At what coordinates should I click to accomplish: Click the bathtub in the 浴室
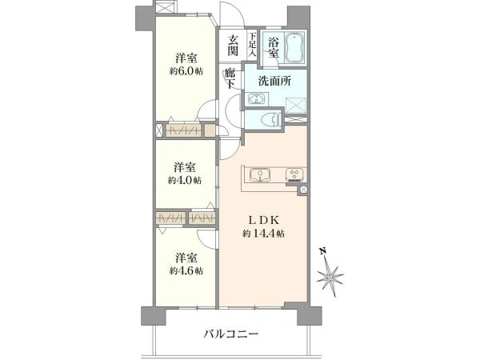(x=294, y=48)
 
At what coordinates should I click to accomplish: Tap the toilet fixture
(x=271, y=119)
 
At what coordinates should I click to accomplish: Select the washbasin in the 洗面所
(x=256, y=99)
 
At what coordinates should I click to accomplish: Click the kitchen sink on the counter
(x=259, y=174)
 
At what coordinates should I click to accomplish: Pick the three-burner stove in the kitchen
(x=295, y=175)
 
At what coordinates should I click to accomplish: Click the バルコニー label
(x=231, y=334)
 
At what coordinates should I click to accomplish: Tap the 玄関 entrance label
(x=233, y=46)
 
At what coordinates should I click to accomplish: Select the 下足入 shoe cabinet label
(x=252, y=44)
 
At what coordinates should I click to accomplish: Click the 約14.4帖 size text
(x=263, y=234)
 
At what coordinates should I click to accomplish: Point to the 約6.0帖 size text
(x=186, y=71)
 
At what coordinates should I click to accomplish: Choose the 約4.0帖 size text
(x=185, y=181)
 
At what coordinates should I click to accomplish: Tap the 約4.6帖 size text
(x=186, y=271)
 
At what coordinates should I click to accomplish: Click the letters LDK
(x=263, y=220)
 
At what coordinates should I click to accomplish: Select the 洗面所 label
(x=274, y=81)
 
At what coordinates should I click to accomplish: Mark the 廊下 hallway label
(x=230, y=79)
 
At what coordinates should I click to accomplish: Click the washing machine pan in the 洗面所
(x=295, y=106)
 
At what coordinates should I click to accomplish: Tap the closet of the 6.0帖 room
(x=183, y=130)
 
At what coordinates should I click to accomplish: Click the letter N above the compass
(x=322, y=252)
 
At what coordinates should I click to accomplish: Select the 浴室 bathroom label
(x=274, y=47)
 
